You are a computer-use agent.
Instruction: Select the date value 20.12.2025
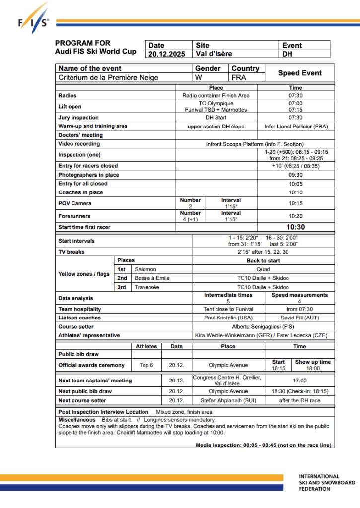tap(167, 54)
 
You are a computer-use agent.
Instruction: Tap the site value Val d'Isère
tap(214, 54)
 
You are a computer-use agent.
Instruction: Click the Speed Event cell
tap(299, 73)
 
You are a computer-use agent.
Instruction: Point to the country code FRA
tap(239, 77)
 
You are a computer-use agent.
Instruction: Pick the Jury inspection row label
tap(78, 118)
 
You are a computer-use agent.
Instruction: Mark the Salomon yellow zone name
tap(145, 269)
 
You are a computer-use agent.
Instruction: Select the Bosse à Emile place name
tap(152, 278)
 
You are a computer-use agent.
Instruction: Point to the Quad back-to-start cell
tap(263, 269)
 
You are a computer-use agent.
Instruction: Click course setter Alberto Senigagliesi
tap(263, 327)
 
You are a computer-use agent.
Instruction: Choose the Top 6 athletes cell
tap(146, 365)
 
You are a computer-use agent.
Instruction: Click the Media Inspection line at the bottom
tap(263, 445)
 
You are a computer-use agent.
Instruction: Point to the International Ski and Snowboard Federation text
tap(327, 482)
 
